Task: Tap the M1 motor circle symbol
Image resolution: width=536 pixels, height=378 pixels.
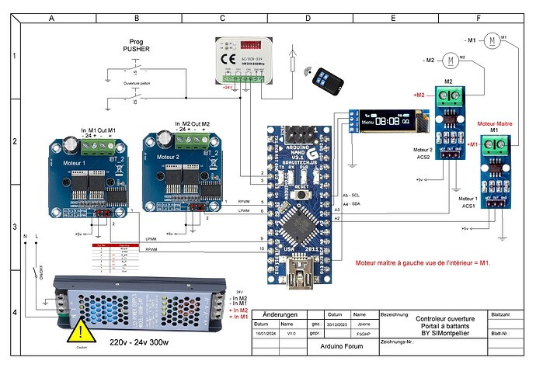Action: pyautogui.click(x=493, y=39)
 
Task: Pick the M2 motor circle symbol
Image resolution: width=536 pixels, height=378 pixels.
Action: pyautogui.click(x=449, y=60)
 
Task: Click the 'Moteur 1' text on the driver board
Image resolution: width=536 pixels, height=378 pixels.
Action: pyautogui.click(x=75, y=163)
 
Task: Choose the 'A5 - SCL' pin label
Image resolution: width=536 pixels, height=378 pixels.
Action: pyautogui.click(x=350, y=194)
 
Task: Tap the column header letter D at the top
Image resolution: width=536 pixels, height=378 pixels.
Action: pyautogui.click(x=308, y=16)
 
